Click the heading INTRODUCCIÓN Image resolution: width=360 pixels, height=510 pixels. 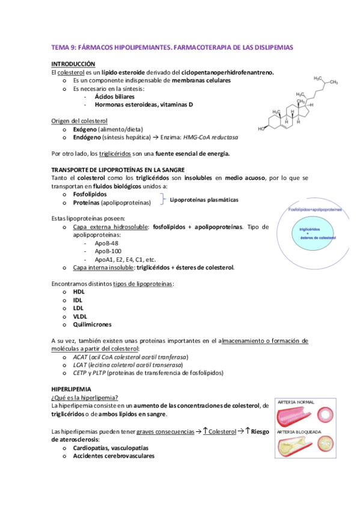click(73, 63)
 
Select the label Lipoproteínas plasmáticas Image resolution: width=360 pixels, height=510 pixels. click(204, 200)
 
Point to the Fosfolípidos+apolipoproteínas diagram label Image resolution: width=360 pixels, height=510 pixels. click(316, 209)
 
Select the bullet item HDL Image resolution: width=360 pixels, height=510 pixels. click(79, 292)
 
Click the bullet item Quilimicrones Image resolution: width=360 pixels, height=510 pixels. click(92, 324)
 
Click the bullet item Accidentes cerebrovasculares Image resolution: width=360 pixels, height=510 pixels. click(113, 456)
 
